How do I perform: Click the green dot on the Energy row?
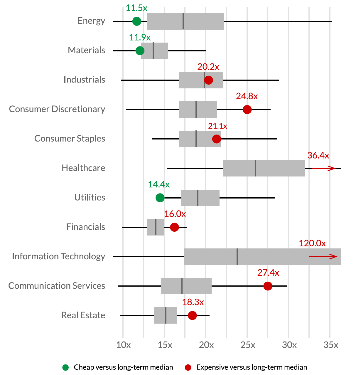tap(136, 21)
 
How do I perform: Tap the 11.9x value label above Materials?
tap(140, 38)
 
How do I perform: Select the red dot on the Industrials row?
tap(208, 80)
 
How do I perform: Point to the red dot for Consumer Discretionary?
tap(247, 110)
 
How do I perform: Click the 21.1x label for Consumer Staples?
tap(217, 126)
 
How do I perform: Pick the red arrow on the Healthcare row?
tap(323, 168)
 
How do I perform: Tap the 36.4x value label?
tap(318, 155)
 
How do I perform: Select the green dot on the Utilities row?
tap(160, 198)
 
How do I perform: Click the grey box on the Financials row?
tap(155, 227)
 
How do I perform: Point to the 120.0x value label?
tap(312, 243)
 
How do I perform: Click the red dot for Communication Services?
tap(268, 286)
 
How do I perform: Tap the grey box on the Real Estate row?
tap(165, 315)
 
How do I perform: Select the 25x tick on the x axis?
tap(247, 345)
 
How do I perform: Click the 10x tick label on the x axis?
tap(124, 345)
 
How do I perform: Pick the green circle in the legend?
tap(65, 367)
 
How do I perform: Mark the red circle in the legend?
tap(188, 367)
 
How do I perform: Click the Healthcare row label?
tap(83, 168)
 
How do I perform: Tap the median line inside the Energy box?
tap(183, 21)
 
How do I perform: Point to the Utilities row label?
tap(90, 197)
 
